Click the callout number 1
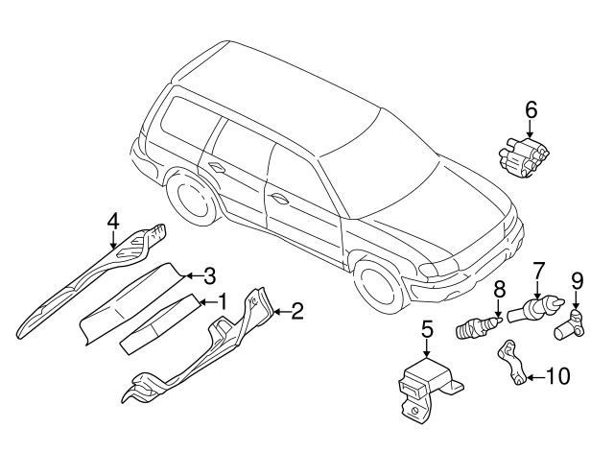(223, 301)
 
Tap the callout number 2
(296, 310)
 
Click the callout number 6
(531, 110)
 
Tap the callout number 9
(577, 280)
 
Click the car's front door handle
(279, 199)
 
